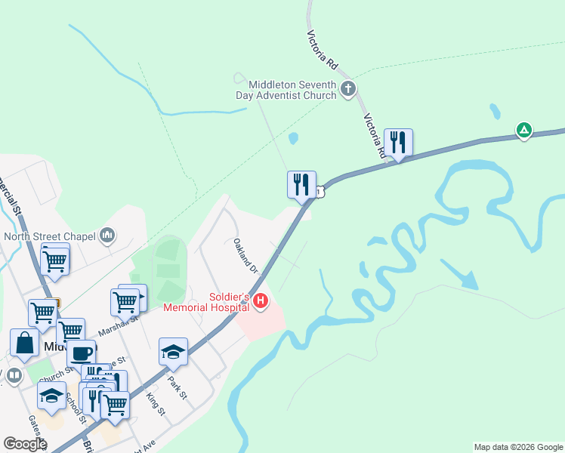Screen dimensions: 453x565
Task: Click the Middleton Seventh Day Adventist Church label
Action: [x=288, y=90]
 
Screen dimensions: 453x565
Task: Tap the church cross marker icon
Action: [x=347, y=90]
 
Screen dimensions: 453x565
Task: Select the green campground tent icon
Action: [x=523, y=130]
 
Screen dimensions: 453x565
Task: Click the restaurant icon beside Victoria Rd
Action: [x=398, y=142]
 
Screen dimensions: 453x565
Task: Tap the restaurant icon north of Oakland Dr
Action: [x=301, y=184]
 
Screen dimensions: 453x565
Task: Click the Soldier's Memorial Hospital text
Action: [x=208, y=302]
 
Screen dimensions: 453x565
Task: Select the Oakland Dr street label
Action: [x=245, y=256]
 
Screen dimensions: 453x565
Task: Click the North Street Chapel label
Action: [x=50, y=236]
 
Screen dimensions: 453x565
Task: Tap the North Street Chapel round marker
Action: [x=107, y=236]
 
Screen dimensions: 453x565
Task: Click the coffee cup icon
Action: [x=81, y=353]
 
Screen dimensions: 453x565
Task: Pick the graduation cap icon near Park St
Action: [x=173, y=352]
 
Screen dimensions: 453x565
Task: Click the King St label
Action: [x=155, y=402]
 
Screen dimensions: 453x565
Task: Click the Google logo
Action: [x=25, y=444]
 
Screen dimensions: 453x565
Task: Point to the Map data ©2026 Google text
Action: [x=518, y=447]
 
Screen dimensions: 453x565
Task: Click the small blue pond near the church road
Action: [x=294, y=138]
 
